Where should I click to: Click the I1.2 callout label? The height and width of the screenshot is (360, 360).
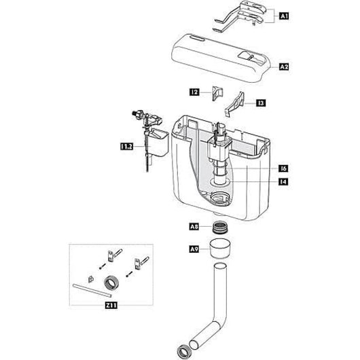click(127, 145)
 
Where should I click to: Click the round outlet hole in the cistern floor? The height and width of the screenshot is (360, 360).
click(219, 199)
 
